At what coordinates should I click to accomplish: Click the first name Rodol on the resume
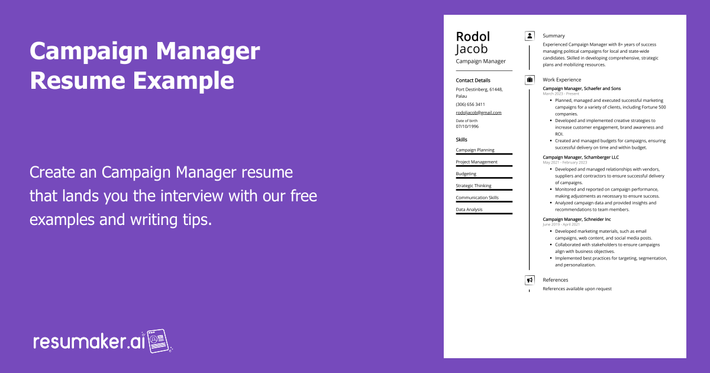pyautogui.click(x=473, y=37)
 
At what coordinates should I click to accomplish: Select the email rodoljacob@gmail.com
pyautogui.click(x=479, y=112)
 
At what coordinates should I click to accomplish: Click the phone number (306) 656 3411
pyautogui.click(x=470, y=104)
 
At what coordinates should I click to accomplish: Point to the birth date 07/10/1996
pyautogui.click(x=467, y=126)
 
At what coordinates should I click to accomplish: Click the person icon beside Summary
pyautogui.click(x=530, y=36)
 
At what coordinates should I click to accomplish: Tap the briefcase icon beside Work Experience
pyautogui.click(x=530, y=79)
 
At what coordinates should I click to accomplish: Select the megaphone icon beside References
pyautogui.click(x=530, y=280)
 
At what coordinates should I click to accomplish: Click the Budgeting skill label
pyautogui.click(x=466, y=174)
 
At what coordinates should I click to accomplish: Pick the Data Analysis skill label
pyautogui.click(x=469, y=210)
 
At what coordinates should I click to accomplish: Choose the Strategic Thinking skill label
pyautogui.click(x=473, y=186)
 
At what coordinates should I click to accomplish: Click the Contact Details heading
pyautogui.click(x=473, y=80)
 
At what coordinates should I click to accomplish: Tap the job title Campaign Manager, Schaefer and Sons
pyautogui.click(x=582, y=88)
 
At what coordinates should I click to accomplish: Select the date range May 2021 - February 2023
pyautogui.click(x=564, y=162)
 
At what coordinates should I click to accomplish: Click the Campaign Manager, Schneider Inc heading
pyautogui.click(x=577, y=219)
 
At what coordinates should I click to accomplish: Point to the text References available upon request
pyautogui.click(x=577, y=289)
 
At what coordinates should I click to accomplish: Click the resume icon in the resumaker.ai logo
pyautogui.click(x=158, y=340)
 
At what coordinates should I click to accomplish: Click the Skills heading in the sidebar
pyautogui.click(x=461, y=140)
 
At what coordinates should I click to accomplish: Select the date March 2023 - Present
pyautogui.click(x=561, y=94)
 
